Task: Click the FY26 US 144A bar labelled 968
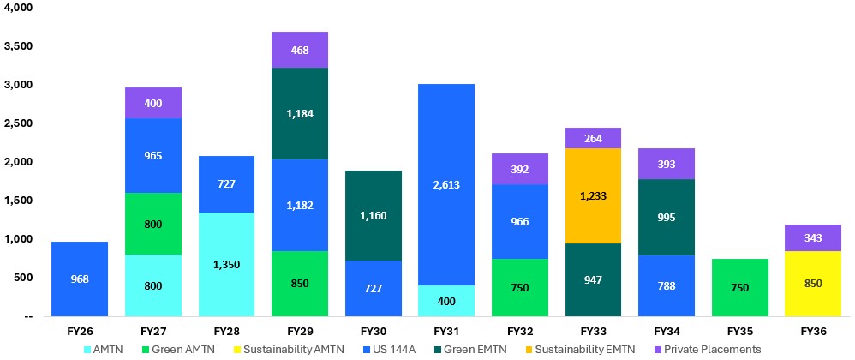80,279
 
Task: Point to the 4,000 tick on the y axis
18,8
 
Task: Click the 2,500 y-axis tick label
18,123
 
